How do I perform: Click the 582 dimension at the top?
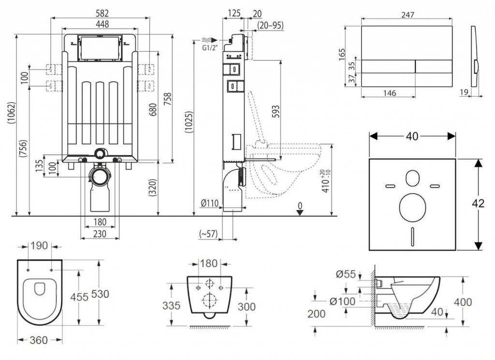tap(102, 15)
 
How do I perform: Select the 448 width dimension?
tap(102, 24)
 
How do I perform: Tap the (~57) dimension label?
tap(208, 234)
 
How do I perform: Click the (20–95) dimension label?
tap(270, 25)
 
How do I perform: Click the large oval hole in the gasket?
tap(412, 209)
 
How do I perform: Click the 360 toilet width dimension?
tap(39, 340)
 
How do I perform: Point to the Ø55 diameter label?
tap(346, 274)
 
